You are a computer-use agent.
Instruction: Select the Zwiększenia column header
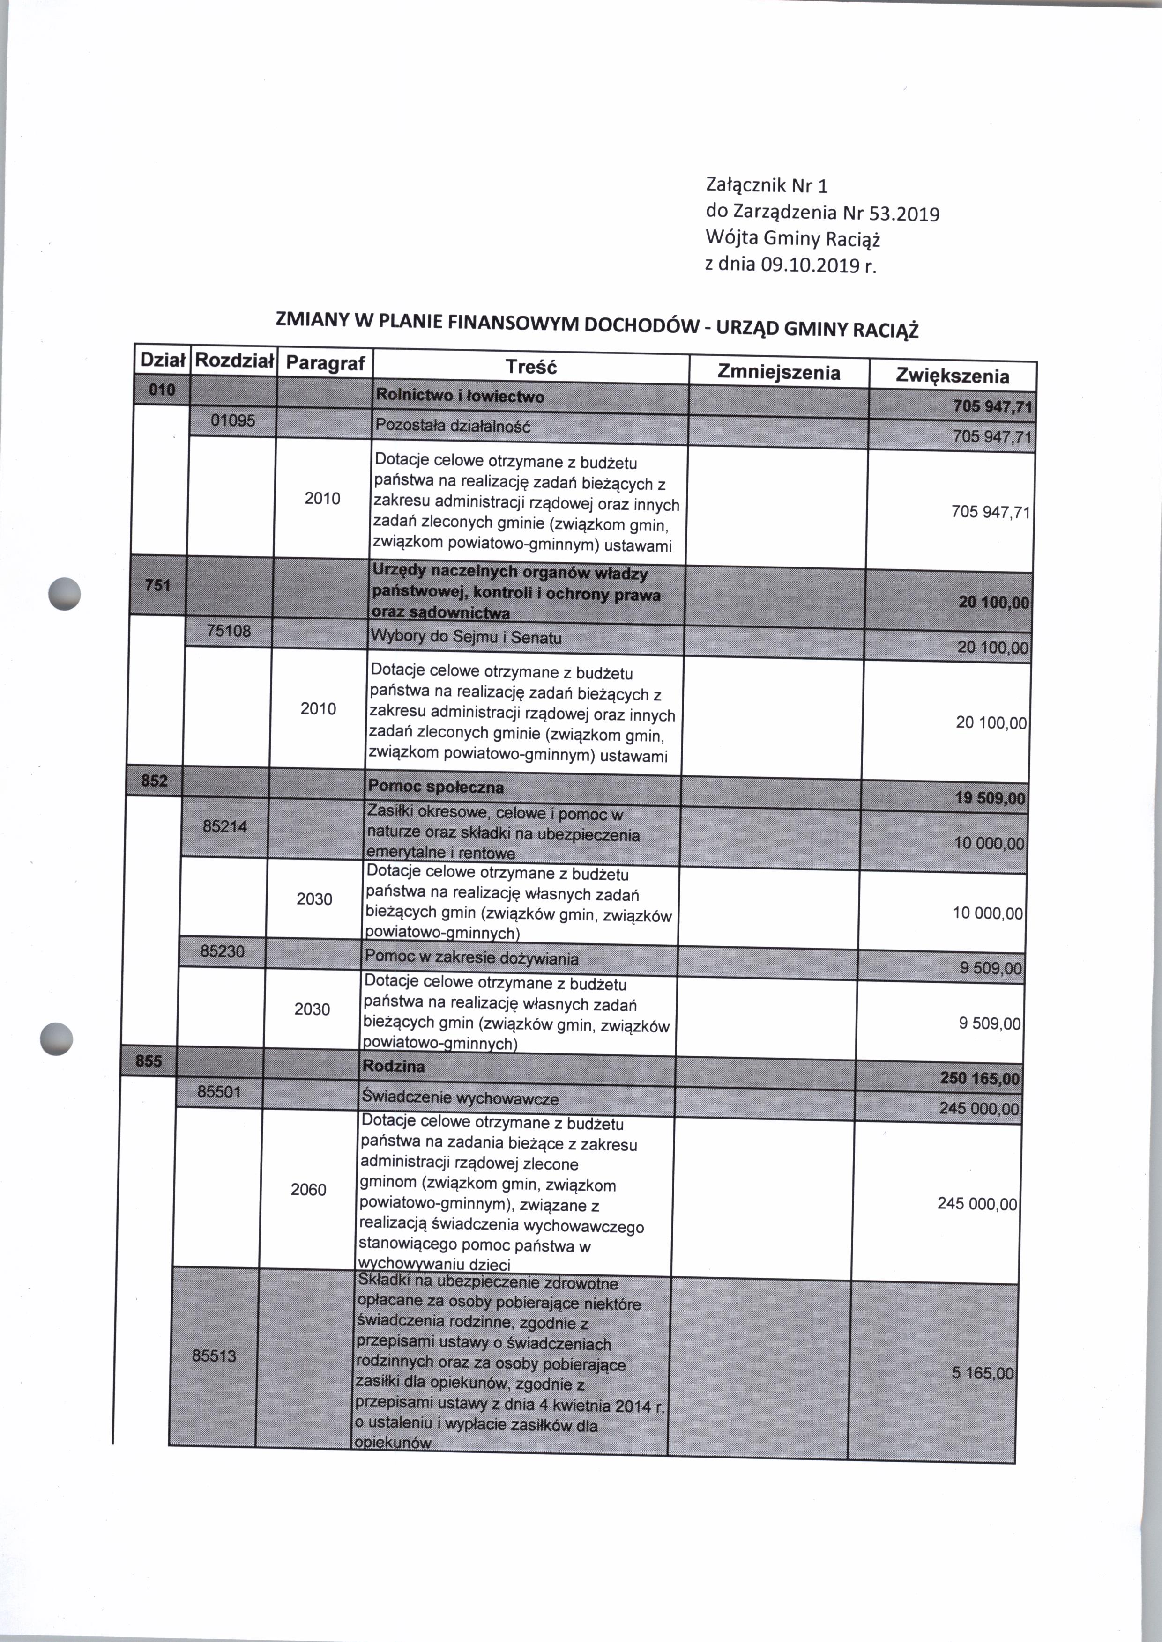click(953, 376)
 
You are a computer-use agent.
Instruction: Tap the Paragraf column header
click(326, 363)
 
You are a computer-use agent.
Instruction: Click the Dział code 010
click(162, 390)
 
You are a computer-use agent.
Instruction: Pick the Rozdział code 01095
click(232, 420)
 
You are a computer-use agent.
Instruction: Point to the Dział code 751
click(157, 585)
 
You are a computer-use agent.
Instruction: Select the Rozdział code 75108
click(228, 631)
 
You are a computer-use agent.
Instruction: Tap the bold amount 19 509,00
click(990, 798)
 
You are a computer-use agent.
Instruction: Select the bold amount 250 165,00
click(980, 1078)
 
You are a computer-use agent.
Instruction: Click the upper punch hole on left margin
click(64, 593)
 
